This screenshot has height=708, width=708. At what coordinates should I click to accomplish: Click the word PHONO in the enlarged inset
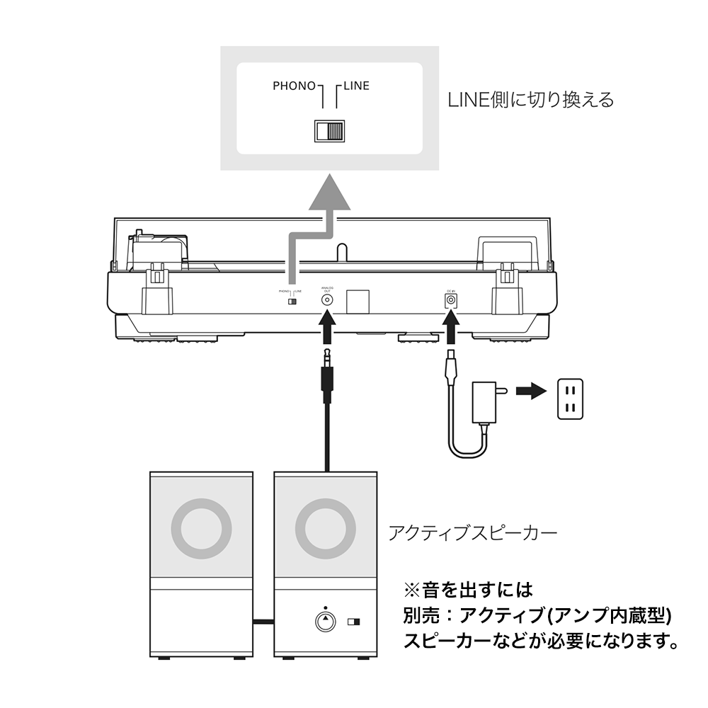294,86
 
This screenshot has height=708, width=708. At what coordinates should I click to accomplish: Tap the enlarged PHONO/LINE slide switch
329,132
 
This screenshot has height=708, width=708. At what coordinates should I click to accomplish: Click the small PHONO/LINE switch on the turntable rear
292,301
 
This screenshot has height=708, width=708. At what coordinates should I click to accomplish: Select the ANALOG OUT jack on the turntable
327,299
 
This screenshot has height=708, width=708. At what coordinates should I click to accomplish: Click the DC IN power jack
449,300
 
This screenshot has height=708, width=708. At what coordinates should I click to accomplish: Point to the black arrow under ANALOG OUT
327,329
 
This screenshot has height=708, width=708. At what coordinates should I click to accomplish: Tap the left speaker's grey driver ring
202,528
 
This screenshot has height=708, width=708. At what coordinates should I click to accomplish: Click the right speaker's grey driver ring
325,528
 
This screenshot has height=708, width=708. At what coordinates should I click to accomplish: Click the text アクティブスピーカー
472,532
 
